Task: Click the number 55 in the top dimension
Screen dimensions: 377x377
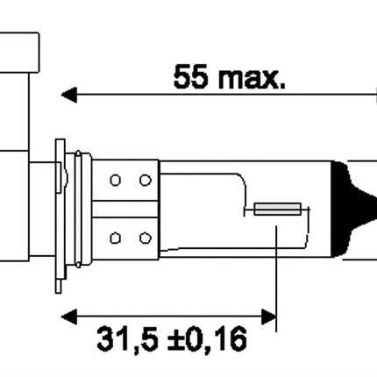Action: coord(191,76)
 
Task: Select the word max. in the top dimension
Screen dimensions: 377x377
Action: coord(252,78)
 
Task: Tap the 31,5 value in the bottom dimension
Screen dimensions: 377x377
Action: coord(128,340)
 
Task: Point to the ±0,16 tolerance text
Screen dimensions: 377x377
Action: coord(207,340)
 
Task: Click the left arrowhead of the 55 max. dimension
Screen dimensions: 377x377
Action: coord(69,95)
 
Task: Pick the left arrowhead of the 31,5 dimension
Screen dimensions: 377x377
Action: coord(69,317)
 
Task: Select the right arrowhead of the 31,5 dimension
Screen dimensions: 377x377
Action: coord(268,317)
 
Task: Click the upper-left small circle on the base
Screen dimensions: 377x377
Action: coord(116,180)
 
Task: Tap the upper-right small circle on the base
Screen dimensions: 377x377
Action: coord(146,180)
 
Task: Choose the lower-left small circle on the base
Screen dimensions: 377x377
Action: coord(116,238)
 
